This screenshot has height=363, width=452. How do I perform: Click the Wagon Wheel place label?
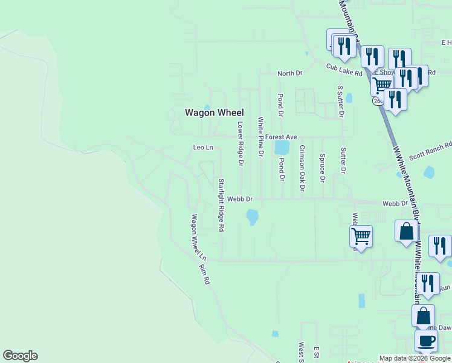pos(214,113)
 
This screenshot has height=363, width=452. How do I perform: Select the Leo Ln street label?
pos(203,148)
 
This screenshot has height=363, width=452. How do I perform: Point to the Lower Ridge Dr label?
pos(240,144)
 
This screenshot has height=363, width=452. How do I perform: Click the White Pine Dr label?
pos(261,137)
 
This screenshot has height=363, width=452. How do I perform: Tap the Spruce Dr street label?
pos(322,168)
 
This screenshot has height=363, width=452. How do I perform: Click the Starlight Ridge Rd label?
pos(221,206)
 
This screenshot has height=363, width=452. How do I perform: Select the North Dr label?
pos(289,73)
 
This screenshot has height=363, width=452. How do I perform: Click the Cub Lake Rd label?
pos(344,70)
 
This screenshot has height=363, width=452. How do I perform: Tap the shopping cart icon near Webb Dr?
pos(361,235)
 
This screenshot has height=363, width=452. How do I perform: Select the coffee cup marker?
pos(426,340)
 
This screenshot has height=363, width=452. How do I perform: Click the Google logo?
pos(20,356)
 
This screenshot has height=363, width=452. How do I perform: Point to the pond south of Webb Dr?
pos(252,216)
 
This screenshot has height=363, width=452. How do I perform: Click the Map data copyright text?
pos(415,358)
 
